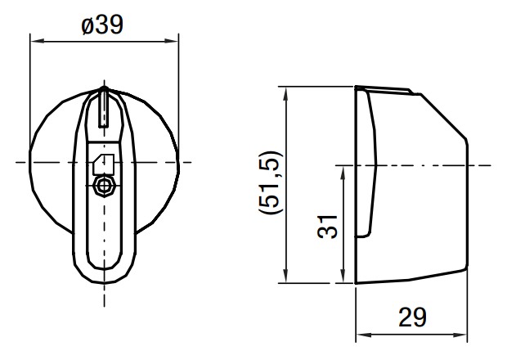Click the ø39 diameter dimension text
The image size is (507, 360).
[x=103, y=25]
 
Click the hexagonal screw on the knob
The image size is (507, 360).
[x=103, y=186]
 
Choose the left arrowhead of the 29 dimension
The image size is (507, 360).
[x=360, y=335]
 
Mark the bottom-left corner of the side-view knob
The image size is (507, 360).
[x=356, y=283]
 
